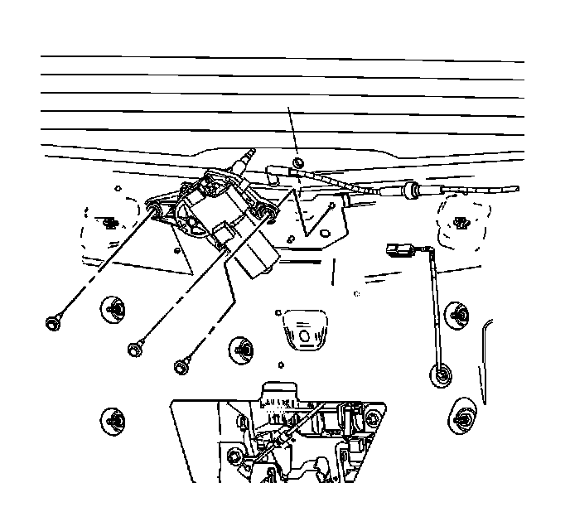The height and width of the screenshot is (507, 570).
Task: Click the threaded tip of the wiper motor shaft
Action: point(250,154)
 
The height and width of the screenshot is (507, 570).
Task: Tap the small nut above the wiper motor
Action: point(298,161)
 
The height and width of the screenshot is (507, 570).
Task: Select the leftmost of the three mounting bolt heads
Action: point(53,321)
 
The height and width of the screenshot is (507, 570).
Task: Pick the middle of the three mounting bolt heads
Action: point(133,349)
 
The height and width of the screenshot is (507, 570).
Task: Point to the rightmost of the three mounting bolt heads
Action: point(180,365)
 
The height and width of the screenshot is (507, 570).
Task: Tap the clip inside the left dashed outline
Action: point(109,221)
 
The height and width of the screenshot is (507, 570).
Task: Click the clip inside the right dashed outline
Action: point(461,221)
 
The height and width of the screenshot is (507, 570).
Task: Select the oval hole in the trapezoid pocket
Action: point(303,336)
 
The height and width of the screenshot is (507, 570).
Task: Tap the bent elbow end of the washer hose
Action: point(273,172)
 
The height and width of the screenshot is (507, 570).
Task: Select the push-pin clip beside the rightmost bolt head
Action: point(241,348)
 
